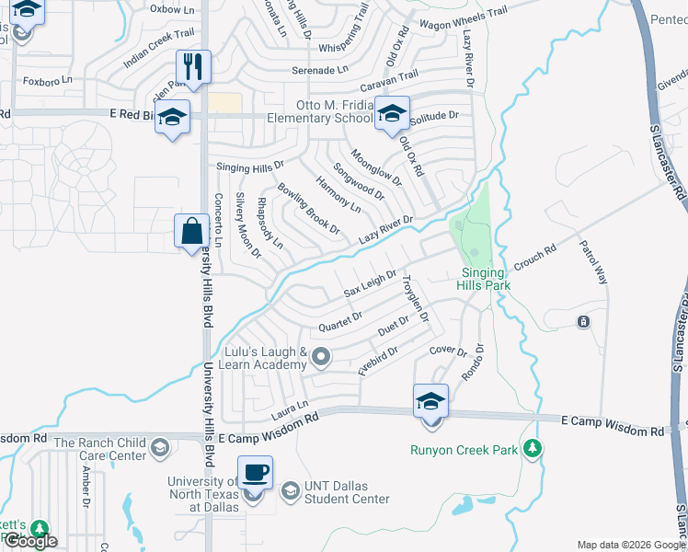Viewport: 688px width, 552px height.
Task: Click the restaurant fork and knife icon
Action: click(x=193, y=67)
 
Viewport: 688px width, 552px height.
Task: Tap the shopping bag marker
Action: click(x=190, y=232)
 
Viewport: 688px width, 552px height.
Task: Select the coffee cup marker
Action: click(x=255, y=473)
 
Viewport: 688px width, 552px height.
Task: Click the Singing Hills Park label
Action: click(x=482, y=279)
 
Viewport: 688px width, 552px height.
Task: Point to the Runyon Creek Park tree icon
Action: click(x=532, y=449)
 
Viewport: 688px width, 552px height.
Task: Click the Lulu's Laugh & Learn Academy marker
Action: click(x=321, y=356)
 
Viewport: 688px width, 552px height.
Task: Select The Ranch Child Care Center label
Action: click(x=99, y=449)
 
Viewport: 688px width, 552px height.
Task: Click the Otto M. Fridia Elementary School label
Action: click(x=320, y=111)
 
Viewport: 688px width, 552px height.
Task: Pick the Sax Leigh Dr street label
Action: click(x=370, y=284)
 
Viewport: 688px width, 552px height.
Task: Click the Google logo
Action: click(x=29, y=542)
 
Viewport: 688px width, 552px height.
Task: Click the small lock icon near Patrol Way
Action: click(x=583, y=321)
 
